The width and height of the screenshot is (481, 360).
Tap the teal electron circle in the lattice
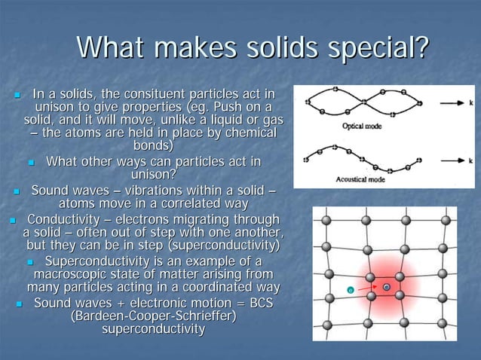point(351,289)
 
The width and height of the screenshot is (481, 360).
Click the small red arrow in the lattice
point(368,287)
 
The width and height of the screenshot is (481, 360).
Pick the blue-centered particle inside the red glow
point(387,287)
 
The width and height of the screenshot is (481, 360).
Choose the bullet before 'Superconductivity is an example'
point(31,261)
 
